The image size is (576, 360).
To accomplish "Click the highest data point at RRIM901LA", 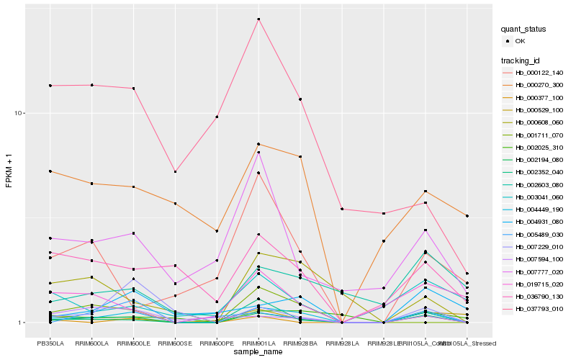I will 258,19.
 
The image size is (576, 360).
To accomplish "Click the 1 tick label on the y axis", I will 22,323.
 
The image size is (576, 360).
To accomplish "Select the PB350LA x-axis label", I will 50,334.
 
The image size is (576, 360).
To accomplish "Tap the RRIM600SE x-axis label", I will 175,334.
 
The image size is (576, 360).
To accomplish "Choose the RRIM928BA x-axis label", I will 300,334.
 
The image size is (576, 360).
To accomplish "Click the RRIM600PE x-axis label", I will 217,334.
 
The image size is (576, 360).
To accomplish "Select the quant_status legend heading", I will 523,29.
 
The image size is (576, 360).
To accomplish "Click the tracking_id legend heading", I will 521,60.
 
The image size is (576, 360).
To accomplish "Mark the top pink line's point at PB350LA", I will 50,86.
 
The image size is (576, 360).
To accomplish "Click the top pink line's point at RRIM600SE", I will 175,171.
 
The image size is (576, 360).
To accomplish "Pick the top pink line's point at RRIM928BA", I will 300,99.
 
